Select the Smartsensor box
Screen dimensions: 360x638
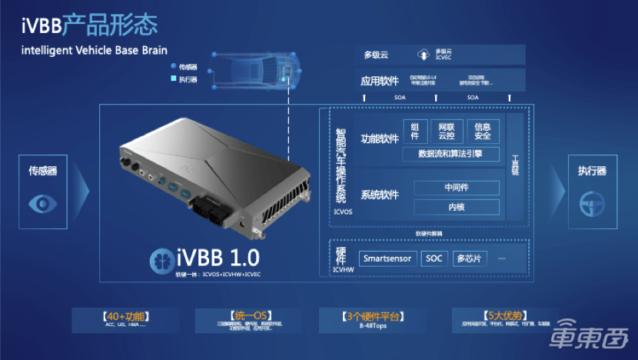[388, 258]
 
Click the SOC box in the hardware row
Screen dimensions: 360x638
[434, 258]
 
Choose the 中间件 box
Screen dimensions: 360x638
[457, 188]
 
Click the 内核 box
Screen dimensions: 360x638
[457, 207]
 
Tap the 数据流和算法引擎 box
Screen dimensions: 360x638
[451, 154]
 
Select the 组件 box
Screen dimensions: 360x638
[415, 131]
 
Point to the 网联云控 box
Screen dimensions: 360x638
[447, 131]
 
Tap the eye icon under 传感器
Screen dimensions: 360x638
[43, 202]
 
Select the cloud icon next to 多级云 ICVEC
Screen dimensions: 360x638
[423, 55]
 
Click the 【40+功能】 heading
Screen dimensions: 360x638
[125, 315]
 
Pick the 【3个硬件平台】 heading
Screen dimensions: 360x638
[371, 315]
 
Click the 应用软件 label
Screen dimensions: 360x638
[379, 80]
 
